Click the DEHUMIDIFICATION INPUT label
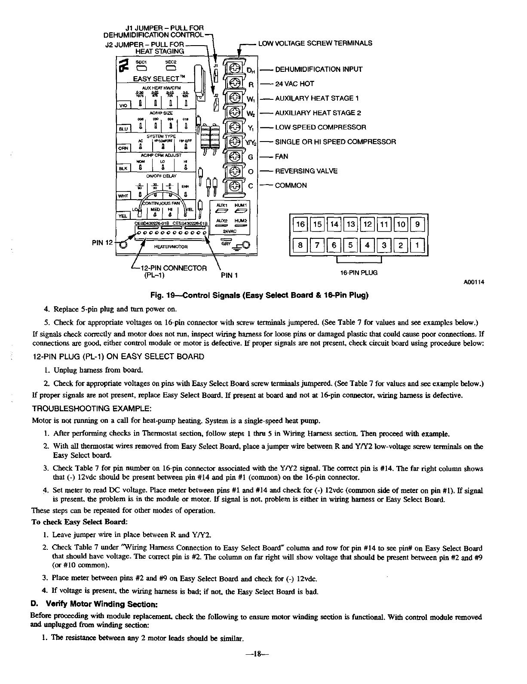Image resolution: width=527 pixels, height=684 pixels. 319,69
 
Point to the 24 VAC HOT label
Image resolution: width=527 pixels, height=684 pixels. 294,84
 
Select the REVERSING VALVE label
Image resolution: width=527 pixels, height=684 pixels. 306,171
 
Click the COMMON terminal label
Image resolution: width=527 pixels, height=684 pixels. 291,185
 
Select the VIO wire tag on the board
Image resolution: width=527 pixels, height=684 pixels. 123,105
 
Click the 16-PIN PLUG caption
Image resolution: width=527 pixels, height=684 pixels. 359,273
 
